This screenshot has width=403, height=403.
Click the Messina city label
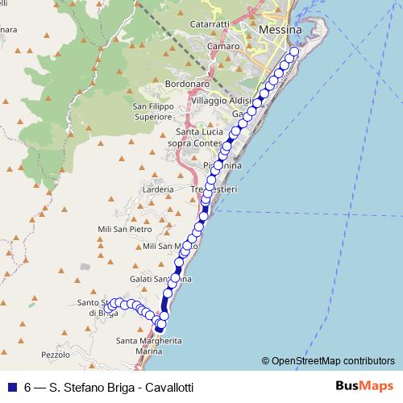(280, 31)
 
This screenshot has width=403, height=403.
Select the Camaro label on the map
(222, 48)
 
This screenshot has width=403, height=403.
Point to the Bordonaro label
(186, 83)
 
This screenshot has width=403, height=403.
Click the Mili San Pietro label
(124, 229)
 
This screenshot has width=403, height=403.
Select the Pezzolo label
(56, 355)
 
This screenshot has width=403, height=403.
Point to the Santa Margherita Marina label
(149, 346)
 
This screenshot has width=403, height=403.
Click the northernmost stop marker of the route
(293, 52)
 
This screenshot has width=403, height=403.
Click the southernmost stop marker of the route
(160, 327)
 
